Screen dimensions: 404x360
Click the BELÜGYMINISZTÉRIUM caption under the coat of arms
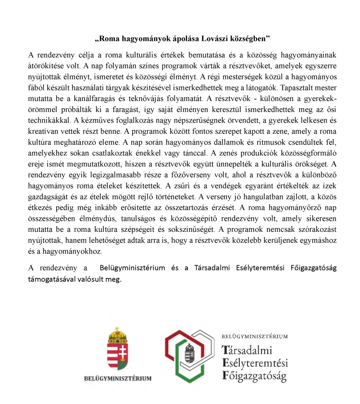click(x=118, y=378)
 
